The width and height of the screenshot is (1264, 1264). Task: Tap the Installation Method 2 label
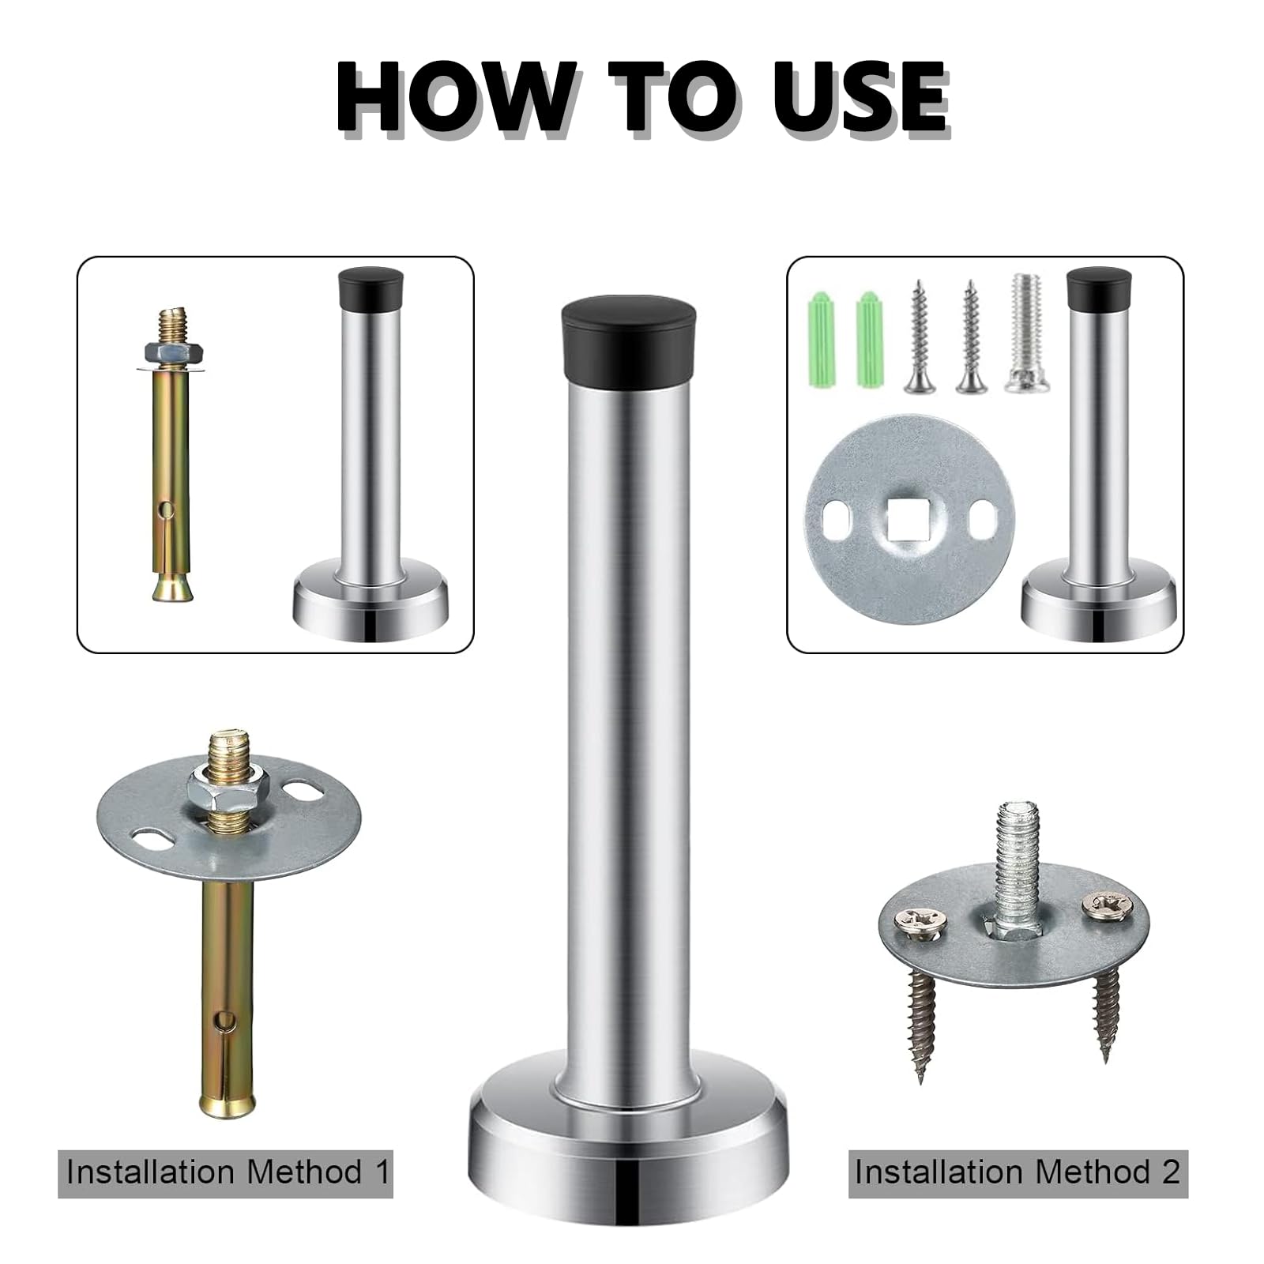point(1018,1171)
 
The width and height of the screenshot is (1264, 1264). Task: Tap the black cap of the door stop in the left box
point(371,289)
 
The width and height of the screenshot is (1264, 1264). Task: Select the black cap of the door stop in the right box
point(1099,289)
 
